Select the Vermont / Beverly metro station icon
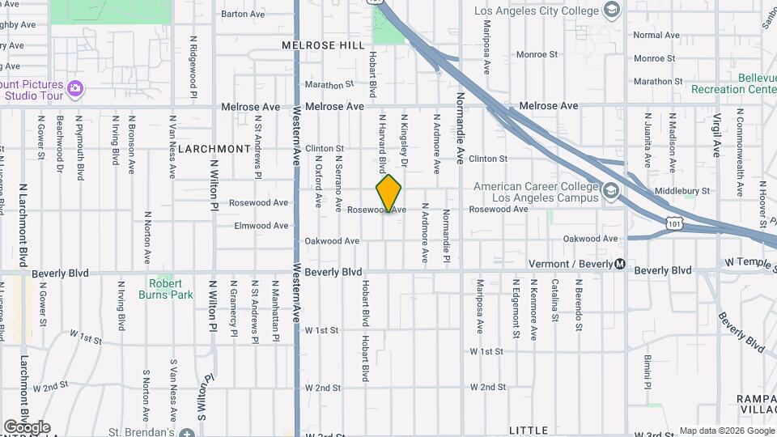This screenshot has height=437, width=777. click(620, 264)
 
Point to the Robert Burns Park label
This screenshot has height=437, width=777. click(171, 289)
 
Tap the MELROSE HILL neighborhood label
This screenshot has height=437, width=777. click(324, 46)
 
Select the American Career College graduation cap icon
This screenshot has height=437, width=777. click(610, 192)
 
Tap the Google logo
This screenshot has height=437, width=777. click(27, 427)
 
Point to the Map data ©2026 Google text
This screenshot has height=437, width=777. click(726, 431)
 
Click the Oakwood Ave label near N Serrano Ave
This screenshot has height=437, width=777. click(332, 241)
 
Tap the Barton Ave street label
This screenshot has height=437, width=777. click(243, 14)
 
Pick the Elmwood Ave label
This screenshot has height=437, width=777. click(261, 226)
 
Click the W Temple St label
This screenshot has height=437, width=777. click(749, 262)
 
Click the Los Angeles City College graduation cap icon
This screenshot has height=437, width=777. click(612, 11)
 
